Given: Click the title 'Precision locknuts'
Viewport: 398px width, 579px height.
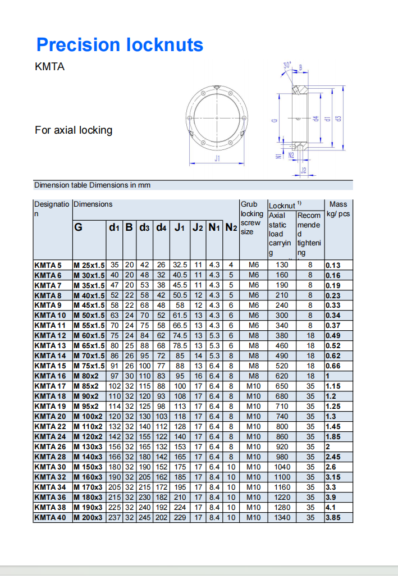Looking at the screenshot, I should point(120,45).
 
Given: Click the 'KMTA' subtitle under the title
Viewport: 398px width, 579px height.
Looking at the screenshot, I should point(50,67).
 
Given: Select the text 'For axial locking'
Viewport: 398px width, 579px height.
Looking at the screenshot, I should point(74,130).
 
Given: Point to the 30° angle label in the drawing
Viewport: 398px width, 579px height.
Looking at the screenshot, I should point(287,66).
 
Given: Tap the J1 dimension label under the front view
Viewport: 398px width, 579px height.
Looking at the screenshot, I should point(217,159).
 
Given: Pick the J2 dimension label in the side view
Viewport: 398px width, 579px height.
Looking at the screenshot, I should point(303,170).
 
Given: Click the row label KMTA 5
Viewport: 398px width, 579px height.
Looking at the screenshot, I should point(48,265).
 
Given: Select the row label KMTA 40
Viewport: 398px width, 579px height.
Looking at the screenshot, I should point(50,518).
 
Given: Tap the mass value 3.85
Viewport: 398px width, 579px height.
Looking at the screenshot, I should point(332,518).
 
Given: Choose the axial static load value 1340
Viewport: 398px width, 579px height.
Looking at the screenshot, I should point(282,518).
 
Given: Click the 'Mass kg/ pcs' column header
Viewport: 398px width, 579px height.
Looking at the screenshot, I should point(338,209).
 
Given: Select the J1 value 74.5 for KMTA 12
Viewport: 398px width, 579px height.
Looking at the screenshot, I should point(180,336).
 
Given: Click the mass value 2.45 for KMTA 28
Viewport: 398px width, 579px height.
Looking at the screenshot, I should point(333,457).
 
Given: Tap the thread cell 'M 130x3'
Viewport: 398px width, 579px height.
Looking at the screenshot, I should point(88,447).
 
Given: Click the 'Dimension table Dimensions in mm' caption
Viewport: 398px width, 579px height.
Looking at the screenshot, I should point(92,185).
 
